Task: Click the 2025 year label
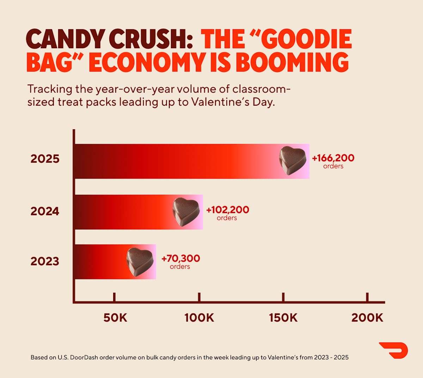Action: (45, 159)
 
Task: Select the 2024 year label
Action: (45, 211)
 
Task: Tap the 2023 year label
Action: (45, 261)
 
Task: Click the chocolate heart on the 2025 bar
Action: (293, 161)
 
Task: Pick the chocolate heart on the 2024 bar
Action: (186, 212)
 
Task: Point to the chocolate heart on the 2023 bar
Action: (140, 262)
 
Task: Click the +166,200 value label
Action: (333, 158)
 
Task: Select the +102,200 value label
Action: (227, 210)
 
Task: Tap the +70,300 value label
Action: (180, 258)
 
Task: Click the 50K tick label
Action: (115, 318)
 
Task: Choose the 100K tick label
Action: (199, 318)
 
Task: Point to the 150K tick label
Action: (283, 318)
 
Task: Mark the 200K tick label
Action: (367, 318)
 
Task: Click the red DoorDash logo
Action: (394, 350)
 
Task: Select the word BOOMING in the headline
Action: (292, 62)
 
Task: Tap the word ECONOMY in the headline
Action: (147, 62)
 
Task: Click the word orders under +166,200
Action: (333, 166)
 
